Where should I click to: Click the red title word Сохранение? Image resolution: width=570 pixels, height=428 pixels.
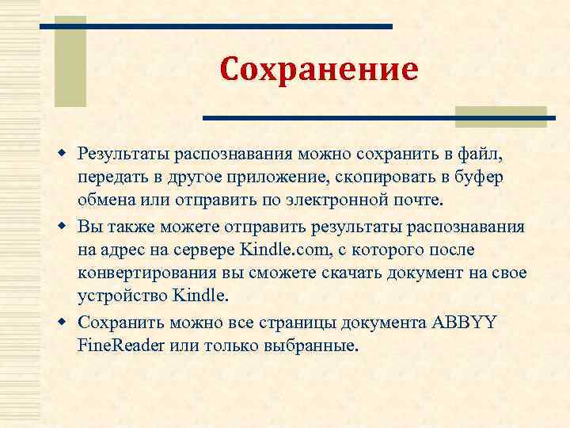318,70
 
